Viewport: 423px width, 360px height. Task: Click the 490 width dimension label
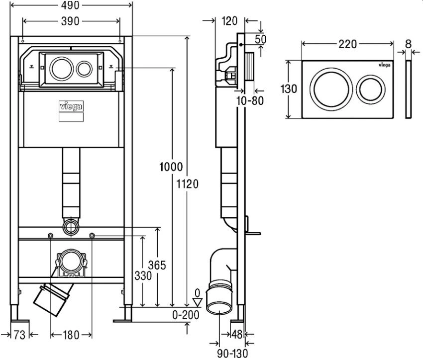70,5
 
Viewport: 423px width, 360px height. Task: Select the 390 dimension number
70,21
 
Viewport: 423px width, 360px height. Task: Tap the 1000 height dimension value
171,167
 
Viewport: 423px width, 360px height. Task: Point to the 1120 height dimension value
187,184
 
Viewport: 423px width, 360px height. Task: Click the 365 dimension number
157,266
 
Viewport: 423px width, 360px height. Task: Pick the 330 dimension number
143,275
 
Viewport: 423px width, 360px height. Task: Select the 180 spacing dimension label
71,335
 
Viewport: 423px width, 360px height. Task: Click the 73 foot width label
20,335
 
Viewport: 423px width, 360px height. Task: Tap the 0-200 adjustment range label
186,315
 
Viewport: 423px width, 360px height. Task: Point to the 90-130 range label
232,353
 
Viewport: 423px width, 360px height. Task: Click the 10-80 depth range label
250,101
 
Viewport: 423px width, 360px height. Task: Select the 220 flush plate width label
348,44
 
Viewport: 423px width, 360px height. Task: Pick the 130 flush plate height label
289,89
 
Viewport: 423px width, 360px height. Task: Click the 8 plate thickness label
408,44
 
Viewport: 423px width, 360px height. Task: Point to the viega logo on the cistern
71,106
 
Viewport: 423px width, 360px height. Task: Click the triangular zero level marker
198,302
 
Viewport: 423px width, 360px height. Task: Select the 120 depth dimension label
229,21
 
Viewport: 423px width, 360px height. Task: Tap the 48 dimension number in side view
237,335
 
